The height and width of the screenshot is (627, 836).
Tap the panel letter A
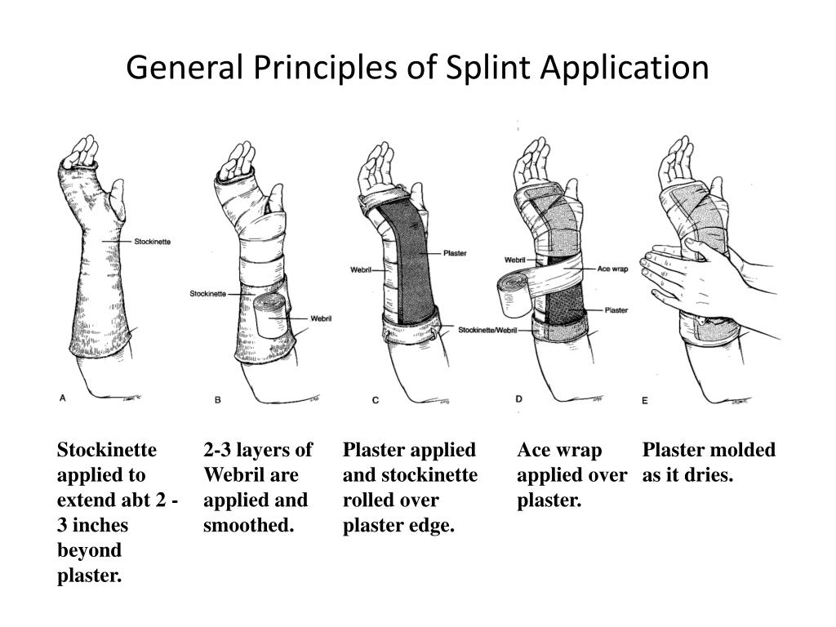[63, 398]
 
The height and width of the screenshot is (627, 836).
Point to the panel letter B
[217, 399]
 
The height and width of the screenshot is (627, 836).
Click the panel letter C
[376, 399]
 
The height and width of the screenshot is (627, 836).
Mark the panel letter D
[519, 398]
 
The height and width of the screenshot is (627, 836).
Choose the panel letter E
[644, 400]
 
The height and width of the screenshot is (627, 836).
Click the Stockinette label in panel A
[152, 242]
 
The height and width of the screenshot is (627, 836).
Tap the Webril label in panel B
[320, 318]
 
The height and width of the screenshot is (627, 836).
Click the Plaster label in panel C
[455, 253]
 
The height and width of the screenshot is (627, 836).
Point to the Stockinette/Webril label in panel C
[487, 330]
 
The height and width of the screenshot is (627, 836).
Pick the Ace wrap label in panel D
[612, 268]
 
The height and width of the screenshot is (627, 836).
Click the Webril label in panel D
[515, 260]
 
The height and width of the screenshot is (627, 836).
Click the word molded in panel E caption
[740, 450]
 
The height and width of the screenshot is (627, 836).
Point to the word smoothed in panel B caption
[247, 525]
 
